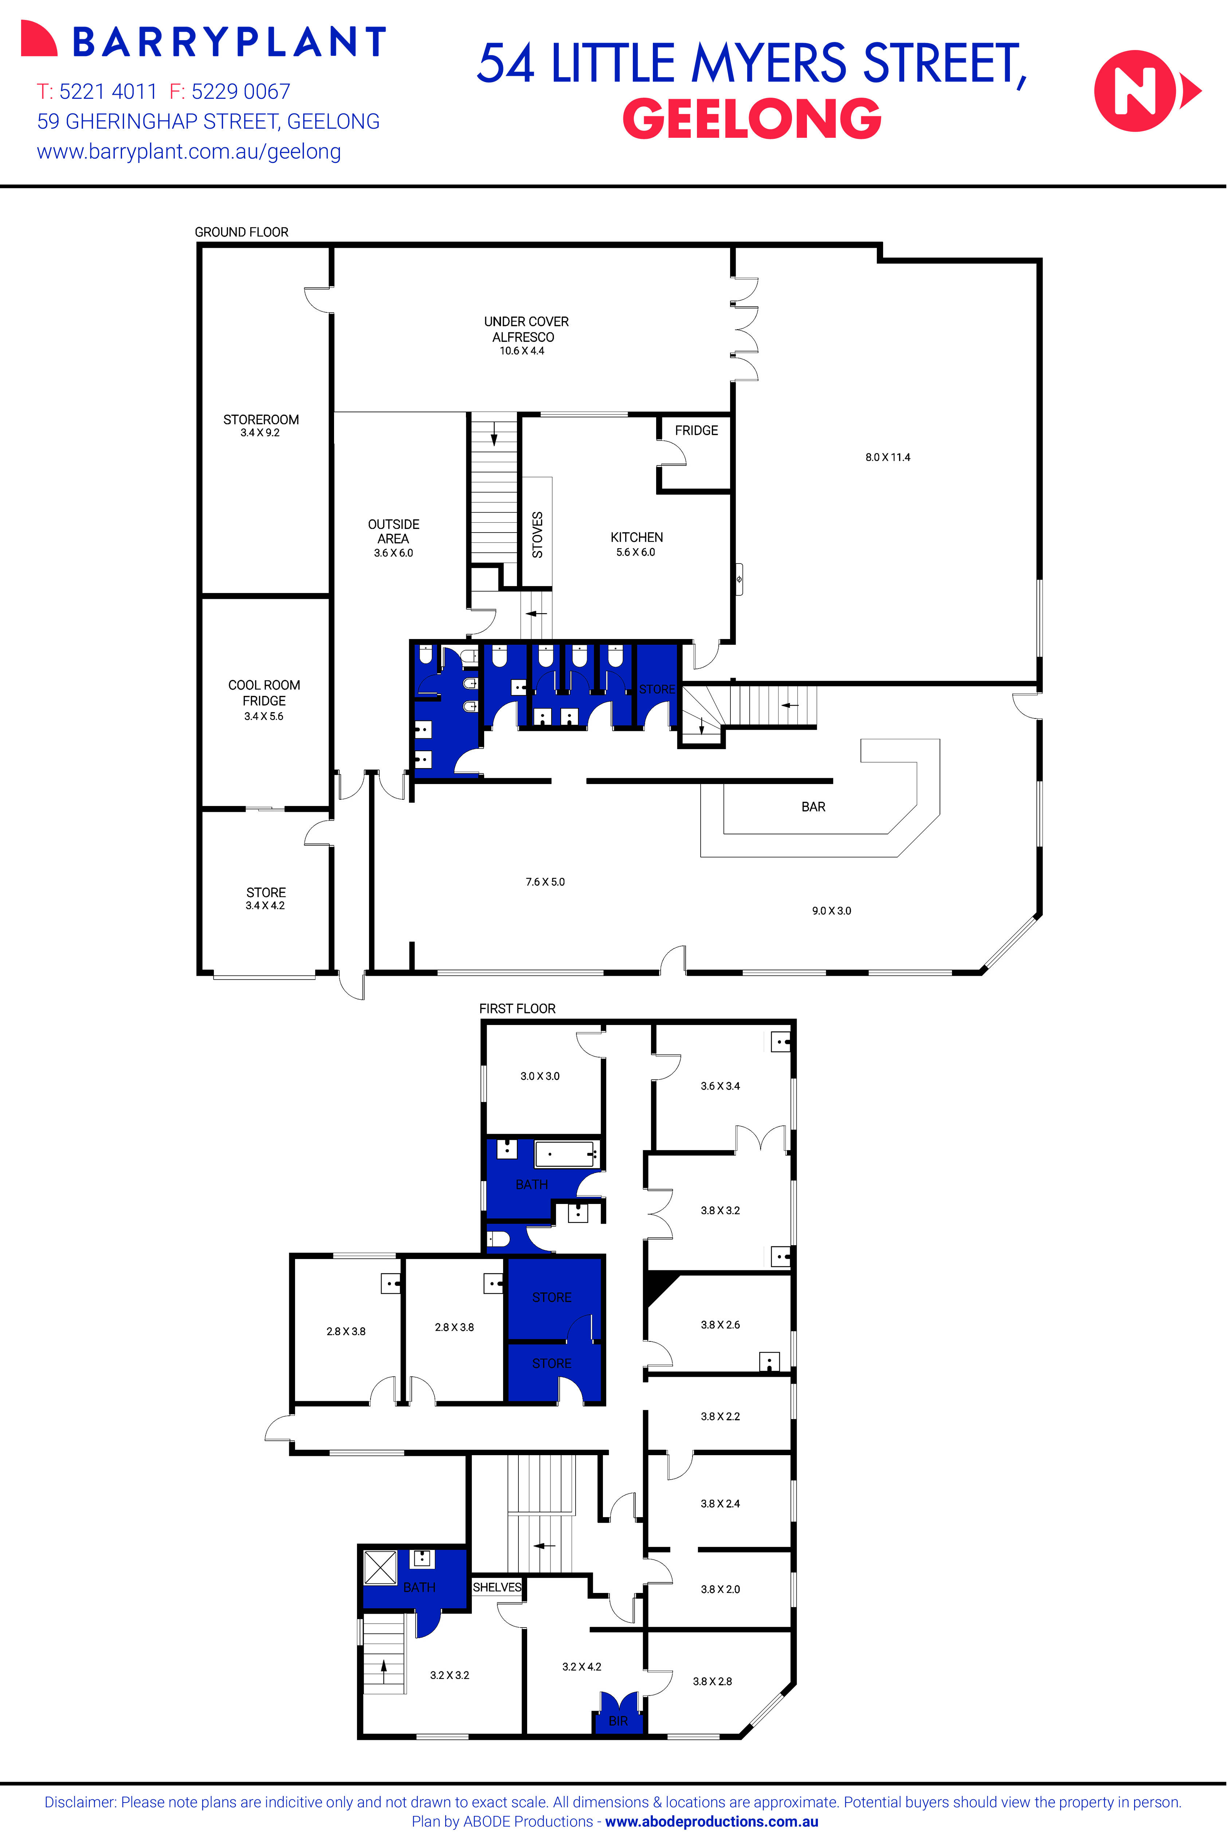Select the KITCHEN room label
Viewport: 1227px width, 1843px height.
pyautogui.click(x=636, y=537)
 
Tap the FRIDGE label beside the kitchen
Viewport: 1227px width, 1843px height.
pyautogui.click(x=696, y=430)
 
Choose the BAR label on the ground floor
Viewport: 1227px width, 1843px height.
pyautogui.click(x=813, y=806)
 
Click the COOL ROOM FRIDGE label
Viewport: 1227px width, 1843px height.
pyautogui.click(x=264, y=693)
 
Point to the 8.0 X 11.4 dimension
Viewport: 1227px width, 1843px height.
pyautogui.click(x=887, y=457)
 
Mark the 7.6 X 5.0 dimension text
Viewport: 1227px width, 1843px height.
pyautogui.click(x=545, y=881)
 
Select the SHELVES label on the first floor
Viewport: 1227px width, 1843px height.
pyautogui.click(x=497, y=1587)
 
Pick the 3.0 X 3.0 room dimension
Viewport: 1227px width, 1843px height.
pyautogui.click(x=540, y=1076)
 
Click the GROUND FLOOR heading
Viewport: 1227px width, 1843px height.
pyautogui.click(x=241, y=232)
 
